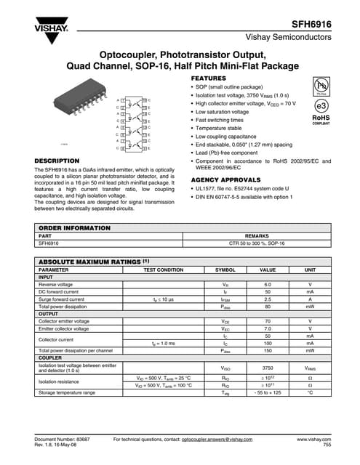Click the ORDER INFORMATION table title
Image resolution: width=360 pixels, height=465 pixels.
74,228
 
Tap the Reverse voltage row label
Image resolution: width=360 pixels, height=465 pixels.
55,284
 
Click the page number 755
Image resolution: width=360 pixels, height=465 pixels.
327,446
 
